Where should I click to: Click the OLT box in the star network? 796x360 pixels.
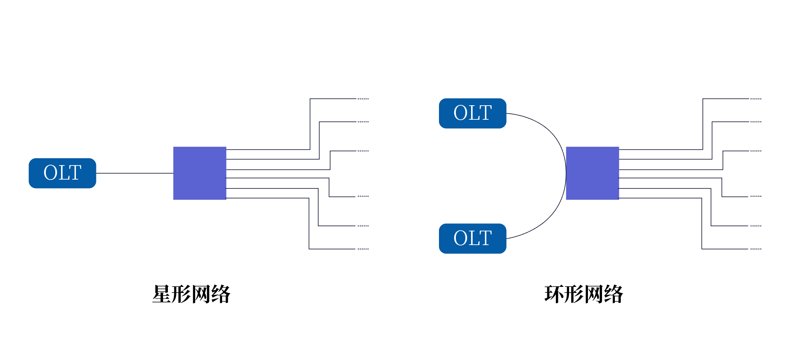62,173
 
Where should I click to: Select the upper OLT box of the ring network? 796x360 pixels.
472,113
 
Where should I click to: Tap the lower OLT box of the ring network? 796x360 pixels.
472,238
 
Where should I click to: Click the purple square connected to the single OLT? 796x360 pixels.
200,173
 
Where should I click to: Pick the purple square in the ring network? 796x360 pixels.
592,173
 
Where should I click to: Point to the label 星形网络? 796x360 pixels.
191,294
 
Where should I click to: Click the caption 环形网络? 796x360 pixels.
584,294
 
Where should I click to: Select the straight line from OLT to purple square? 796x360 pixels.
135,173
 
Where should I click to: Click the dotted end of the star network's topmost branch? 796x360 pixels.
363,98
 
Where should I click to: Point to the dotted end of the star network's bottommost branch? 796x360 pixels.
363,249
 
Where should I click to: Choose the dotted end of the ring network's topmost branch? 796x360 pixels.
756,98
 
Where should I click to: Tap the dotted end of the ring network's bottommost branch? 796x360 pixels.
756,249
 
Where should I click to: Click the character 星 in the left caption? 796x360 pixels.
161,294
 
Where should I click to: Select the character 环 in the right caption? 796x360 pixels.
554,294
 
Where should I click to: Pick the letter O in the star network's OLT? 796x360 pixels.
51,173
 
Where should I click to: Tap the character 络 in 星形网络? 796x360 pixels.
221,294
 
